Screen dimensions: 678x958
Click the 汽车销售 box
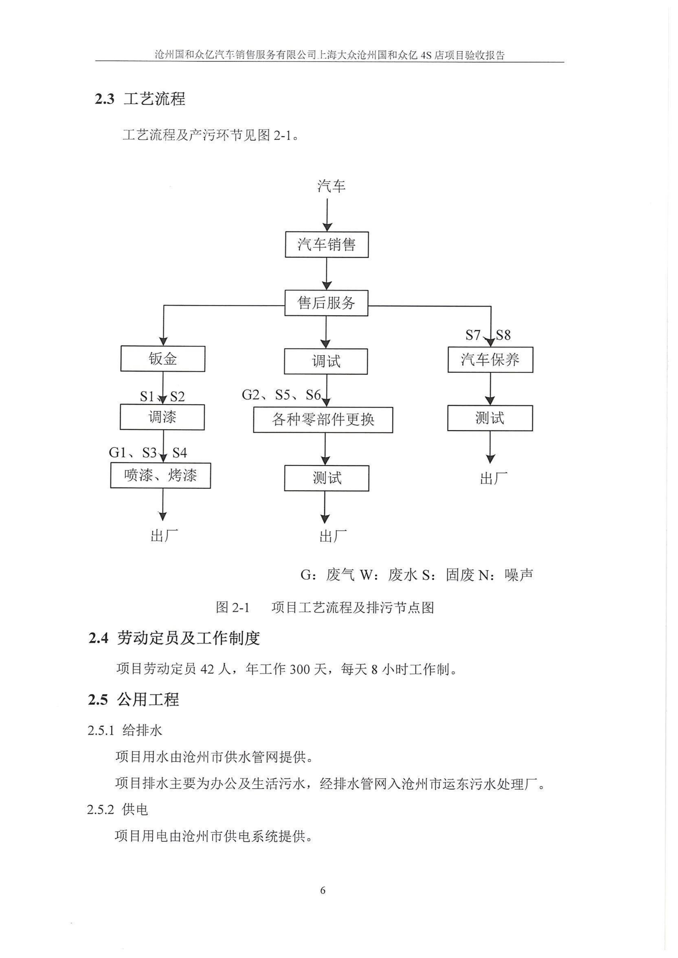pos(327,244)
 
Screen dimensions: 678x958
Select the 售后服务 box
pos(326,303)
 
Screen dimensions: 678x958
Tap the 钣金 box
pos(163,359)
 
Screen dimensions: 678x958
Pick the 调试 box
pos(326,361)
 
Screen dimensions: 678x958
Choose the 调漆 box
pos(162,417)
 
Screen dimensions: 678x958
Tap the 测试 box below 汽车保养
pos(490,418)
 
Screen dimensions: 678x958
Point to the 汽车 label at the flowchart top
pos(331,186)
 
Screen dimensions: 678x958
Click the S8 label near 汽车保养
pos(503,335)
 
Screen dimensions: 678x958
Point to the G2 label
pos(251,395)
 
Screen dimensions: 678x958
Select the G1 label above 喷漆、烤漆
pos(117,453)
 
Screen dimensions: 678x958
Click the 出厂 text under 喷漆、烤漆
pos(164,536)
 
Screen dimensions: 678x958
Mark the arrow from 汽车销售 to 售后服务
pos(327,274)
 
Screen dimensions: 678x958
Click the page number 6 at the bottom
pos(323,890)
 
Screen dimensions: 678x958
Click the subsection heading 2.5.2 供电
pos(117,810)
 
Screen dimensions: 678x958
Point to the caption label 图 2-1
pos(233,607)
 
